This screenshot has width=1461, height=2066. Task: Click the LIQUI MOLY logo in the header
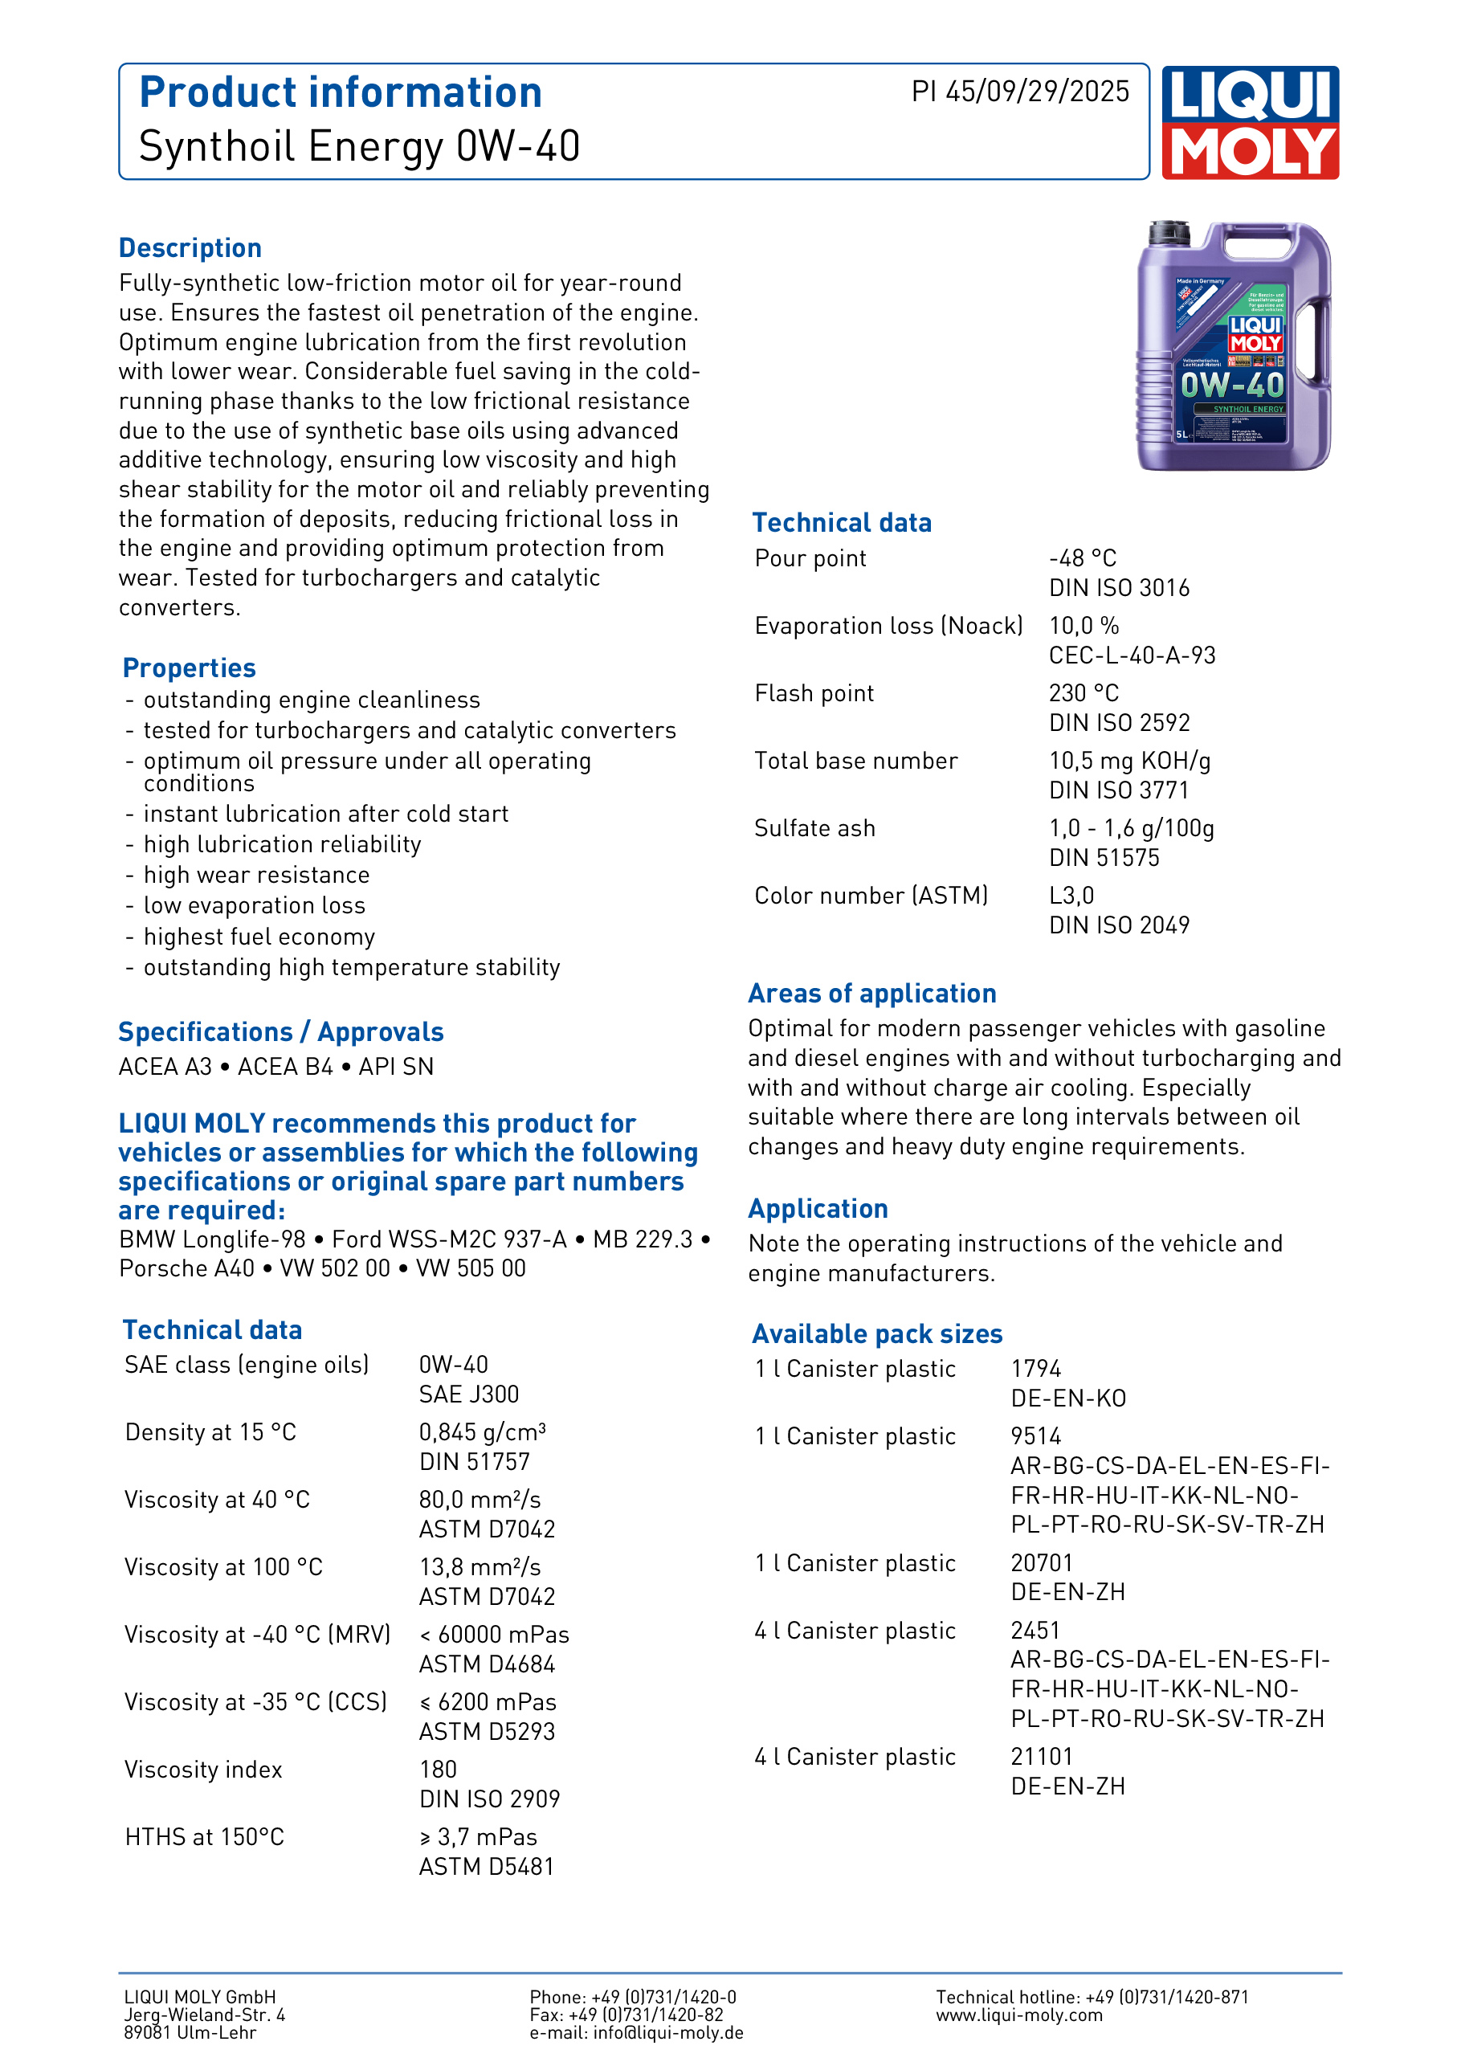1250,122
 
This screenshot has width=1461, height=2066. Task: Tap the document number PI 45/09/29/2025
1019,92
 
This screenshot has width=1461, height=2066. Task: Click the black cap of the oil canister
1169,233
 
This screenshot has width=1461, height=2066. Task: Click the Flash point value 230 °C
1084,694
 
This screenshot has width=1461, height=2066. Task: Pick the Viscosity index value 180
438,1770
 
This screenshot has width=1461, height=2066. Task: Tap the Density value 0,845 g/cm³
482,1432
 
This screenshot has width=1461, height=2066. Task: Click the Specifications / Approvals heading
280,1032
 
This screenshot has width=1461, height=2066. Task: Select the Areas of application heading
871,994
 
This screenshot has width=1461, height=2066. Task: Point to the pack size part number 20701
1041,1563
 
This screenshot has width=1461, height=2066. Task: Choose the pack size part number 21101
1041,1757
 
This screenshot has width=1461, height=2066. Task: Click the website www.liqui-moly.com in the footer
1018,2015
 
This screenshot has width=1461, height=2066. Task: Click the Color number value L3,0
1071,896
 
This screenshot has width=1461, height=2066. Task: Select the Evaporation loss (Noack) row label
888,627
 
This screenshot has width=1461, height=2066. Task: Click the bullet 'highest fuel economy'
259,937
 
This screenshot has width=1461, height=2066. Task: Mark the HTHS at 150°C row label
204,1837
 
